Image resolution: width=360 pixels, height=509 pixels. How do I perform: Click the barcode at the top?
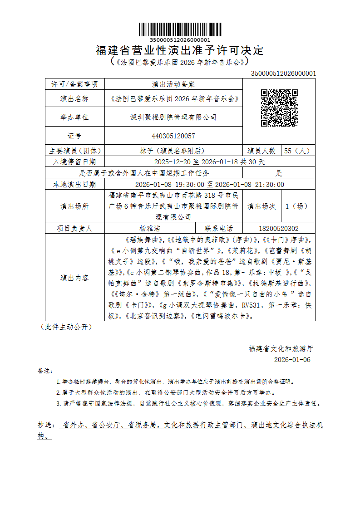point(180,29)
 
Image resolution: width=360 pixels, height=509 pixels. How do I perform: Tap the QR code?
point(279,108)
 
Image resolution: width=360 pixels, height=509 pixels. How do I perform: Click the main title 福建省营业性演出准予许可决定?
point(180,50)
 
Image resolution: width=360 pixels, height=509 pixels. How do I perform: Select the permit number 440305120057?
point(173,136)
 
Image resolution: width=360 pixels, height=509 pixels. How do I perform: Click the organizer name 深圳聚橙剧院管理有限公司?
point(173,117)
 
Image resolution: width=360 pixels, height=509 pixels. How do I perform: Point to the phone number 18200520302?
point(279,228)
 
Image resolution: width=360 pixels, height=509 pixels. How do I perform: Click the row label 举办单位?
point(74,117)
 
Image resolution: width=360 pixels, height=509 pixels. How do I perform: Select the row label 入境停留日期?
point(74,161)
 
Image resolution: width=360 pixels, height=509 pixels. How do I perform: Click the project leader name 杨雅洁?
point(150,228)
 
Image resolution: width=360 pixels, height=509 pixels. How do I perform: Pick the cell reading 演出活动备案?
point(173,84)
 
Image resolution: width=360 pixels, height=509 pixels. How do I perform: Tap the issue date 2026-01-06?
point(292,360)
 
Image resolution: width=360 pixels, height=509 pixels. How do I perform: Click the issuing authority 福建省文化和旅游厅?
point(281,348)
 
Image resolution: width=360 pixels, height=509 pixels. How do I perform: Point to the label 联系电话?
point(219,228)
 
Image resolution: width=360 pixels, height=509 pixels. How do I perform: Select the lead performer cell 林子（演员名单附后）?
point(173,151)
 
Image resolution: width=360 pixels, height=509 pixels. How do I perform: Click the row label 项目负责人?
point(74,228)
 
